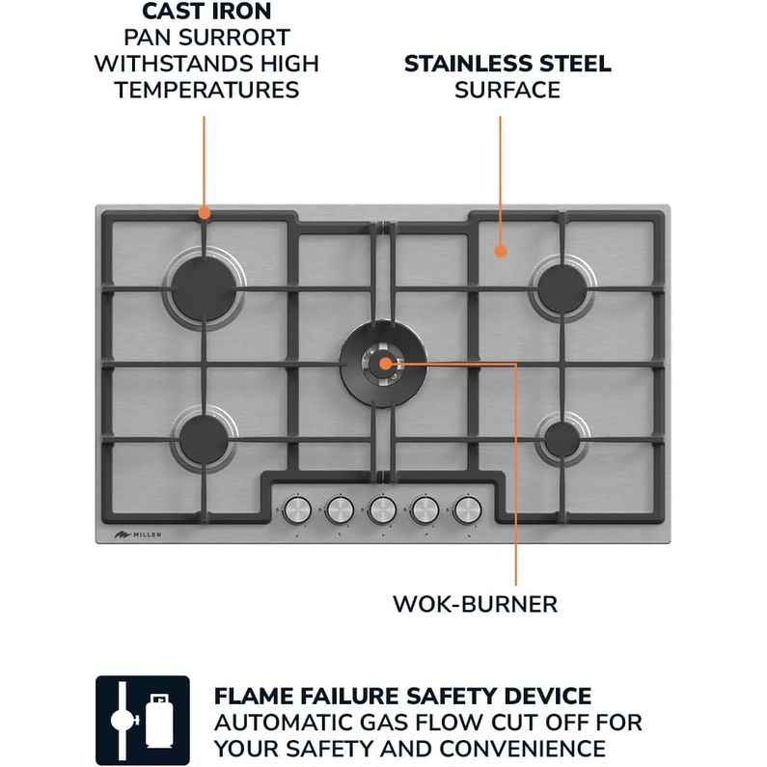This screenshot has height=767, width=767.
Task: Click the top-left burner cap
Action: [205, 289]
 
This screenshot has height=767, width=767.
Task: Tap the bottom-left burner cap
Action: [204, 439]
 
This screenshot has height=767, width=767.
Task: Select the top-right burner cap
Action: [562, 288]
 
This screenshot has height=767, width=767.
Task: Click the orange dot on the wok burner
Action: [386, 364]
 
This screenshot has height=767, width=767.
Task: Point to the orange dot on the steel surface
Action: [500, 252]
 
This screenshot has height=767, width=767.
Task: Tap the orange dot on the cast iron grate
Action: [205, 213]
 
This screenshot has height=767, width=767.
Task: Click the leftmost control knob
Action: [297, 509]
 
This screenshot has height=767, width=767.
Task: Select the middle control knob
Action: [382, 509]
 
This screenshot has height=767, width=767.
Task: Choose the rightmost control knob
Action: [468, 509]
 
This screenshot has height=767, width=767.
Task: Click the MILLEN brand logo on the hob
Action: [138, 534]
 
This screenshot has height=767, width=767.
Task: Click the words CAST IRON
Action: [206, 12]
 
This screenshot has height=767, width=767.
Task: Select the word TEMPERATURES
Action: [206, 90]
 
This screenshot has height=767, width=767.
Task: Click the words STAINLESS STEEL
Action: [507, 64]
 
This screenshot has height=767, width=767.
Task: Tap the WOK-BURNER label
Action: [475, 604]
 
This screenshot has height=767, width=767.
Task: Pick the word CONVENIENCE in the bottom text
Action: [522, 749]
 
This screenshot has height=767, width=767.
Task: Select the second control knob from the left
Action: [340, 509]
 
